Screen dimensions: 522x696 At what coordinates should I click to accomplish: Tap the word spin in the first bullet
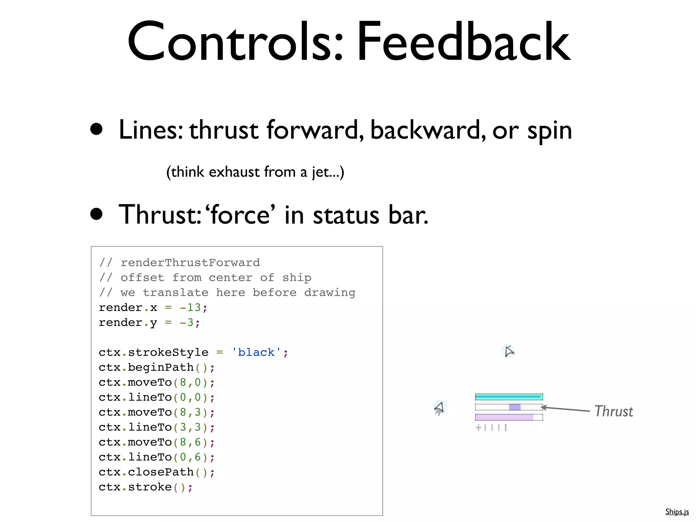550,131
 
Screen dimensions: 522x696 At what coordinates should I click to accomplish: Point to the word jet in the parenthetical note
320,172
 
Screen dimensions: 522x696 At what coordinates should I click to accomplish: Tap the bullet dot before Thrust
97,214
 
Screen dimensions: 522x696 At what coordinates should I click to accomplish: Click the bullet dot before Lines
97,129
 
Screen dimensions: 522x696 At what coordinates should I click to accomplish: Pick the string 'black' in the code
257,352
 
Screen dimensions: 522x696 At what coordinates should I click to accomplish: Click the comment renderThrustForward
190,263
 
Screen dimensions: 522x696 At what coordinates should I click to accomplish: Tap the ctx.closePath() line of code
157,472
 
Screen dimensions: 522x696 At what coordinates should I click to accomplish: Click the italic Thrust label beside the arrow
614,411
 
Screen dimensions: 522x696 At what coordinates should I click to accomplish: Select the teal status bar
508,397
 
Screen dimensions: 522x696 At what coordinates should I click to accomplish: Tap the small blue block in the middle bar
515,407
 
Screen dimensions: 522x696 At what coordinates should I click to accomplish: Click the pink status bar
504,417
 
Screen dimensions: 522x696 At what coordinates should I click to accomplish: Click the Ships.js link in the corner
677,512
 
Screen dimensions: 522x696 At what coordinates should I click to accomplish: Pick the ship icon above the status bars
508,351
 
